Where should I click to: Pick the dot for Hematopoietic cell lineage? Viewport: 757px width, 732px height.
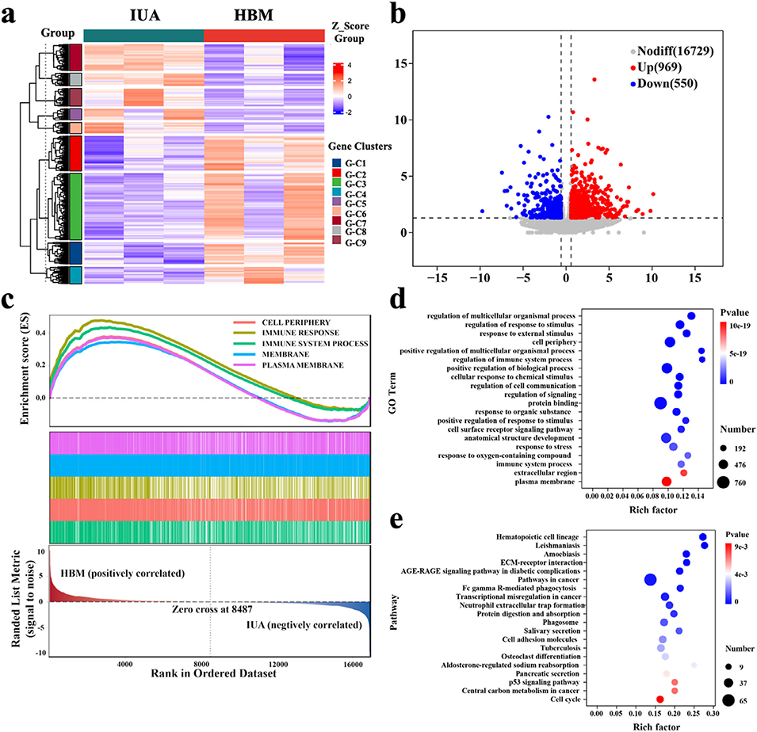pos(702,537)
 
